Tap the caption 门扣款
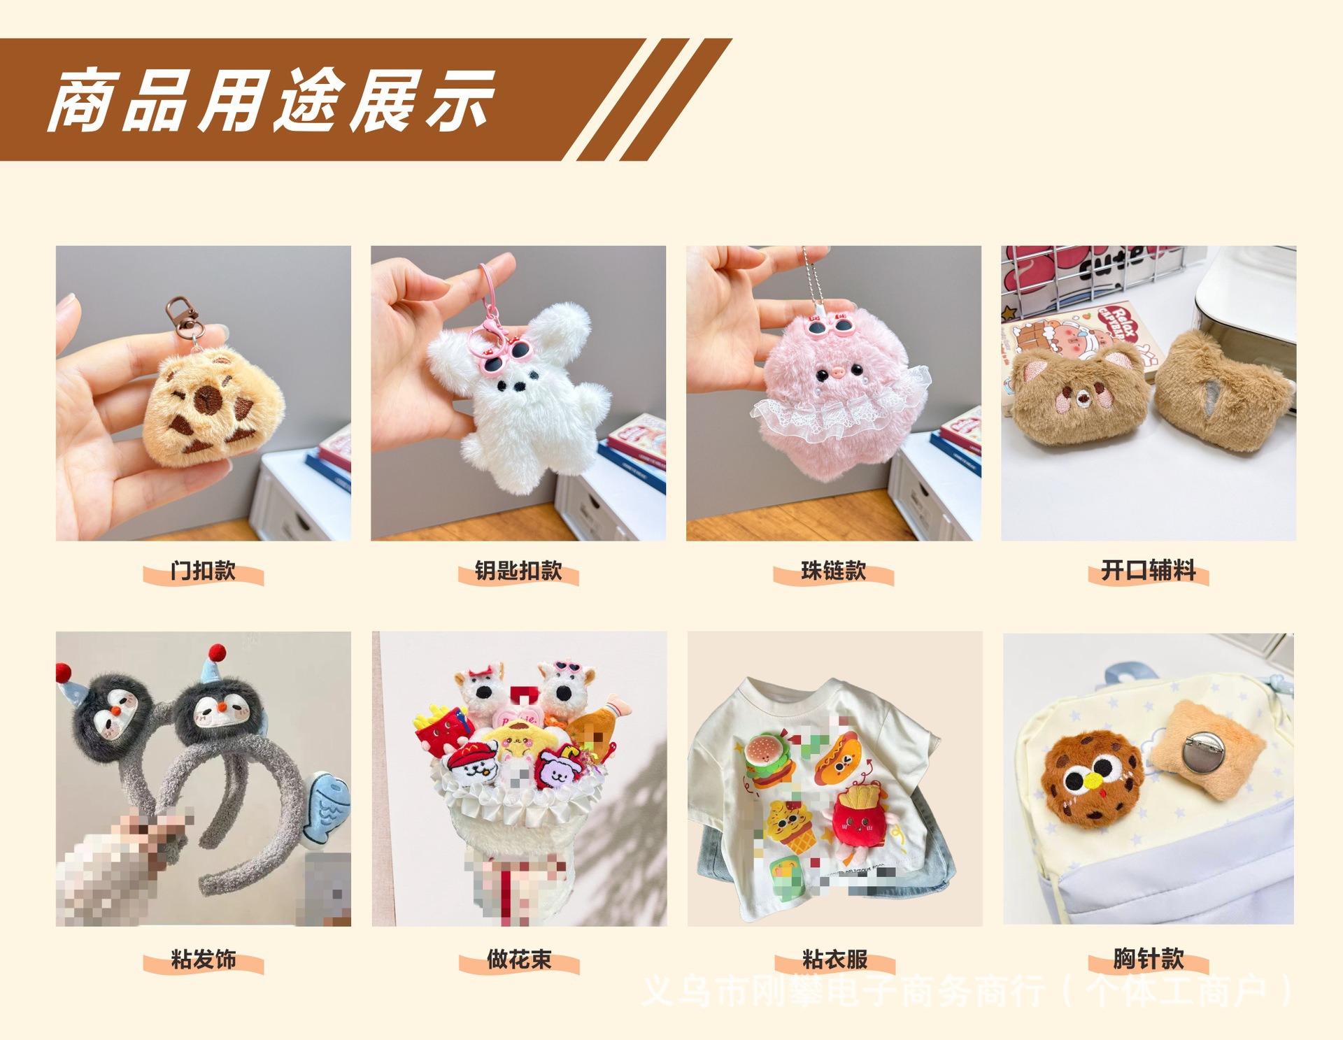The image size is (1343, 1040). point(203,571)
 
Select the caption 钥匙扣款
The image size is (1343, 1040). point(518,571)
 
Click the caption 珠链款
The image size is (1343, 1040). point(833,571)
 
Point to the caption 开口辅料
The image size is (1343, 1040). point(1148,571)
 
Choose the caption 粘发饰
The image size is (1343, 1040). point(203,959)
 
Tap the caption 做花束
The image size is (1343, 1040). point(518,959)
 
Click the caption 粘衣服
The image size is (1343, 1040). point(834,959)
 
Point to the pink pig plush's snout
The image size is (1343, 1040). point(835,372)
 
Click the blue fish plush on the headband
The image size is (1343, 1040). point(326,808)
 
